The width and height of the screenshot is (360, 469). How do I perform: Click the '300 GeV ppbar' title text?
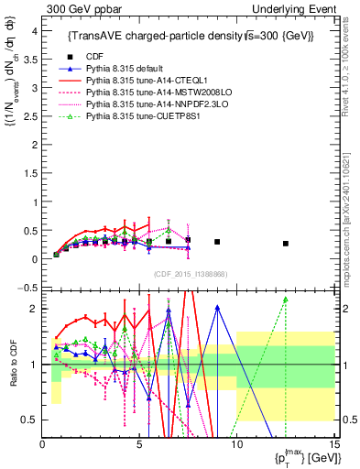pyautogui.click(x=80, y=8)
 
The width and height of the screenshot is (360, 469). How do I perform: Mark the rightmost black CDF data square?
pyautogui.click(x=286, y=244)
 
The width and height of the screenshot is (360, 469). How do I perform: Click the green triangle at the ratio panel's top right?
pyautogui.click(x=286, y=300)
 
